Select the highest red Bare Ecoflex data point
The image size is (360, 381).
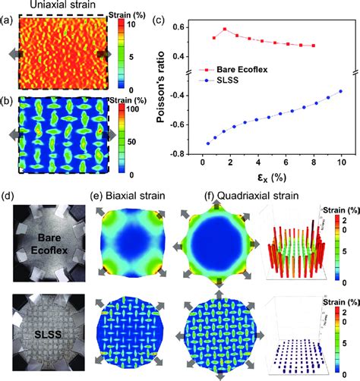[x=225, y=30]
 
